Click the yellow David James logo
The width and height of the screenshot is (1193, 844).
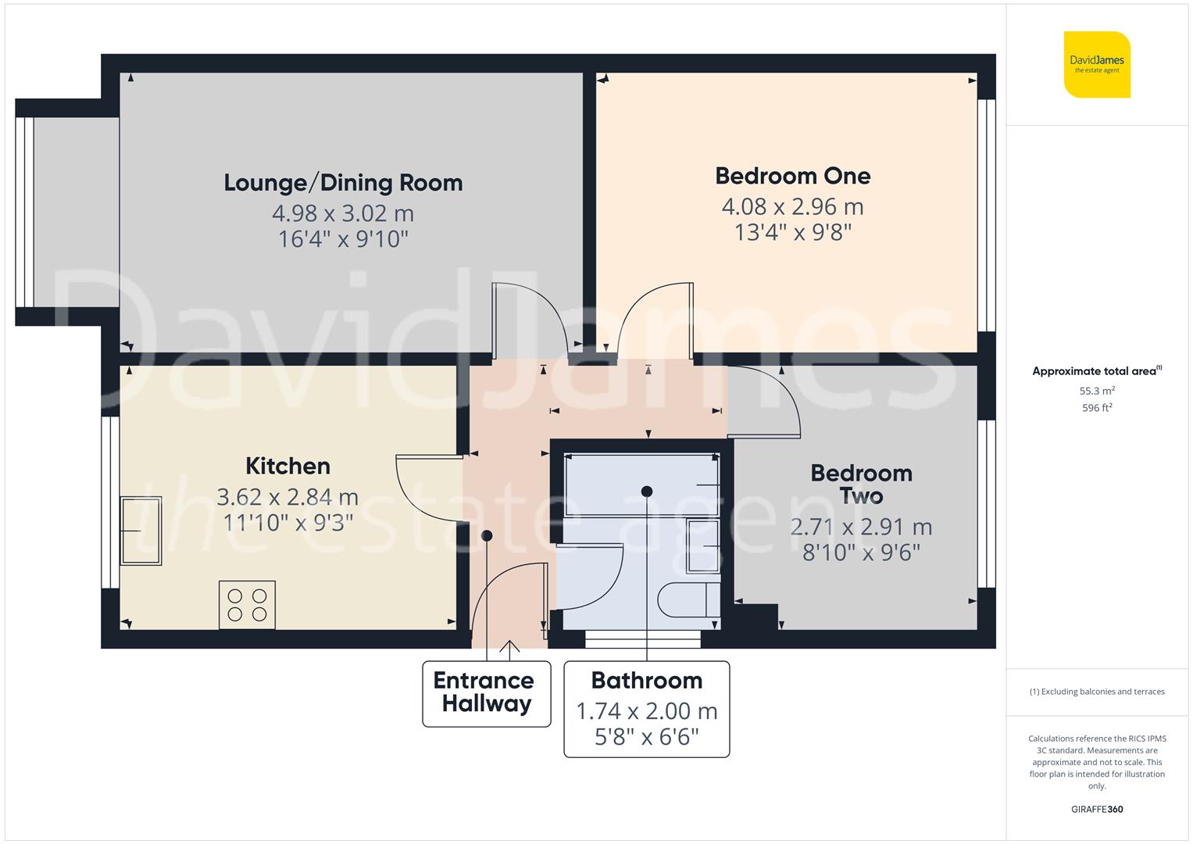(x=1097, y=65)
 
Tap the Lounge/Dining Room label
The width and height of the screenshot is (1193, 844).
(x=343, y=183)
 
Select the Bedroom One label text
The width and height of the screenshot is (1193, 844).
(x=792, y=176)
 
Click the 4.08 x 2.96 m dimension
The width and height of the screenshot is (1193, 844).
(x=792, y=207)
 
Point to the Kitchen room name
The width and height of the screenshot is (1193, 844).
(x=288, y=467)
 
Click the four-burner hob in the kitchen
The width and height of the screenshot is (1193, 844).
(x=247, y=604)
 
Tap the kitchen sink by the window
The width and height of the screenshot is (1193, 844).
(x=141, y=531)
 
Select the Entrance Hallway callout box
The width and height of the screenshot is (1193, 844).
(x=486, y=693)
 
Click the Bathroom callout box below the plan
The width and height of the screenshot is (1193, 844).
(x=646, y=709)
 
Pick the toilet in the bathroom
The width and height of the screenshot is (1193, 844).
(x=688, y=600)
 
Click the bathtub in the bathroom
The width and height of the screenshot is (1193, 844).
(x=641, y=485)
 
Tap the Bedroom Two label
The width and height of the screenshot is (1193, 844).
(x=861, y=485)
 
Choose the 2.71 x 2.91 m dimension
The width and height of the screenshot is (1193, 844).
(x=861, y=527)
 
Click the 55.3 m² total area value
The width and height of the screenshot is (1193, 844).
(x=1096, y=391)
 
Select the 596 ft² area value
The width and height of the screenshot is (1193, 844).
(x=1096, y=408)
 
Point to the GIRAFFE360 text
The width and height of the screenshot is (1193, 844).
(x=1096, y=809)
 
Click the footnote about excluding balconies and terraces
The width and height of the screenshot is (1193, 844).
(x=1096, y=692)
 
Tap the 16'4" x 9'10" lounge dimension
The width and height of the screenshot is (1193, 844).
(x=343, y=239)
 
